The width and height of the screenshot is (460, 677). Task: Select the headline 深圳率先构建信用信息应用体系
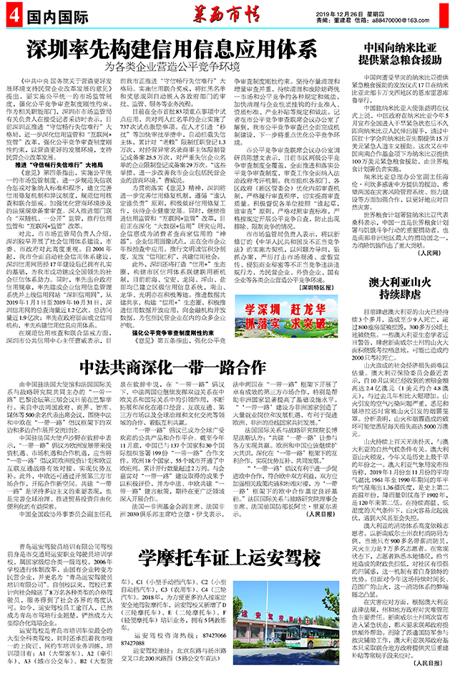click(x=171, y=50)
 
